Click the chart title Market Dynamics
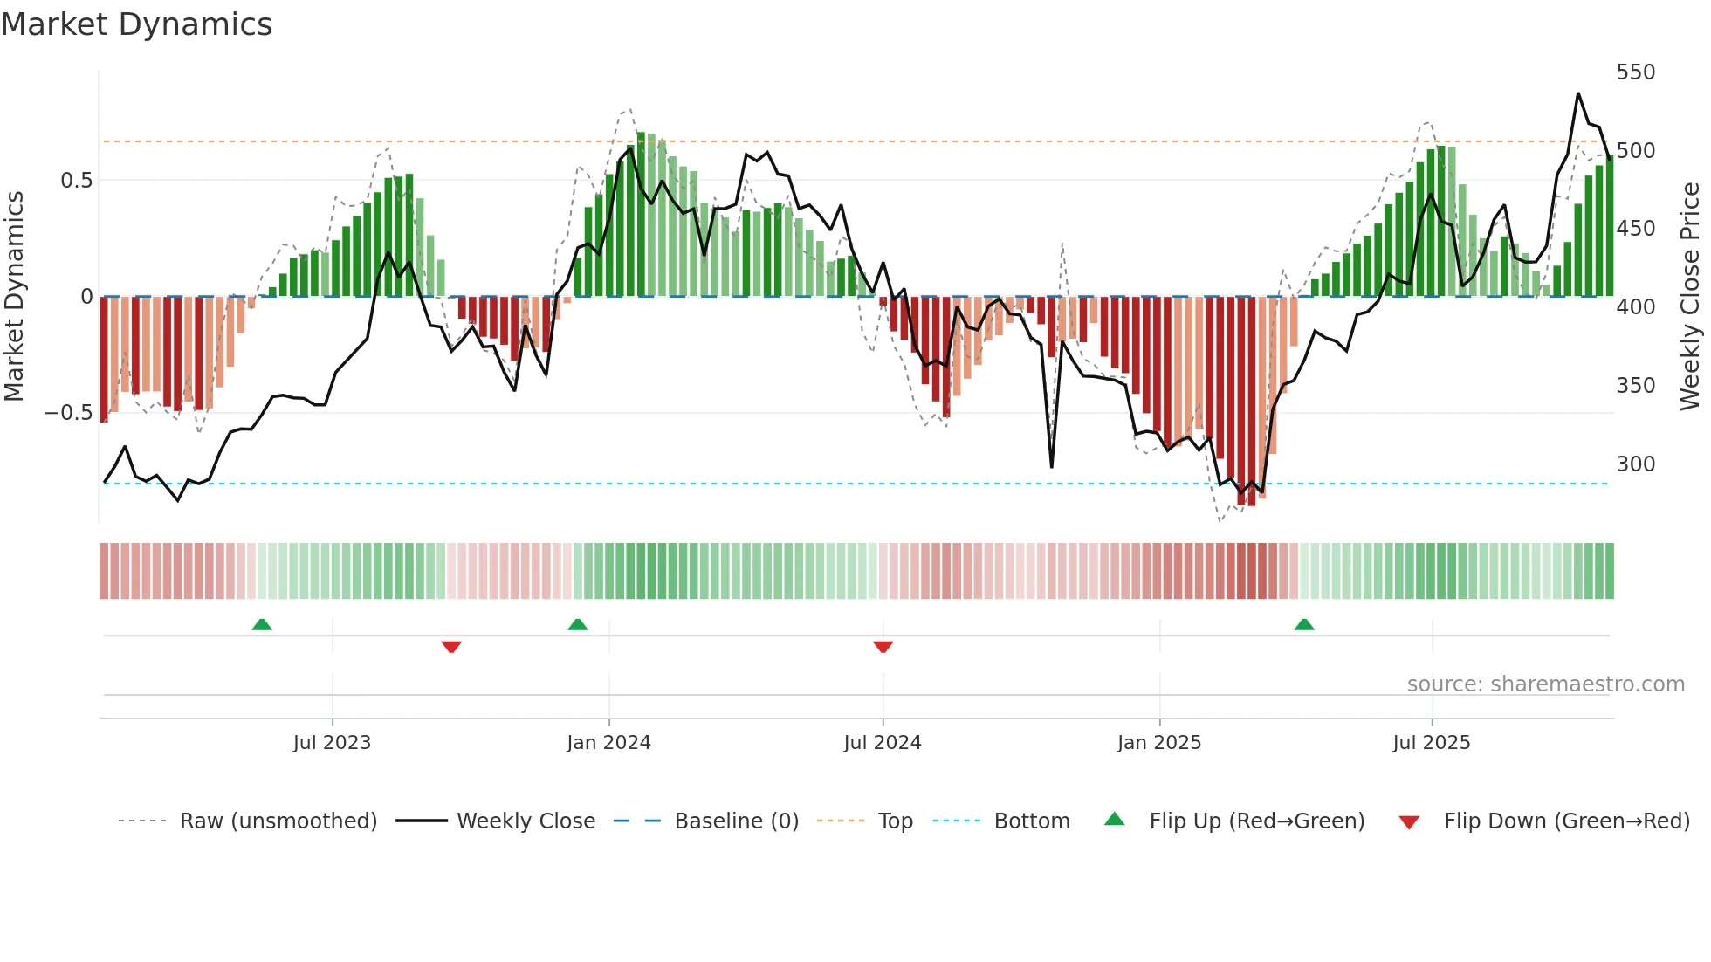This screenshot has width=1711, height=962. pyautogui.click(x=137, y=24)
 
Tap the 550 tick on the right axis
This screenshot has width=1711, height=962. pyautogui.click(x=1635, y=72)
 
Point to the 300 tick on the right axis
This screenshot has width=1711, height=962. pyautogui.click(x=1635, y=464)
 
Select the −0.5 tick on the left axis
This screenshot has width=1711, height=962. pyautogui.click(x=68, y=412)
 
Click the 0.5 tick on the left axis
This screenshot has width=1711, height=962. pyautogui.click(x=76, y=180)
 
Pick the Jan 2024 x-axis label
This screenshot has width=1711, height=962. pyautogui.click(x=608, y=742)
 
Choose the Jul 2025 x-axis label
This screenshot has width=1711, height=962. pyautogui.click(x=1431, y=742)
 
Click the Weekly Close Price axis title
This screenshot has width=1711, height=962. pyautogui.click(x=1690, y=296)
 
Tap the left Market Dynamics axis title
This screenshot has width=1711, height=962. pyautogui.click(x=14, y=296)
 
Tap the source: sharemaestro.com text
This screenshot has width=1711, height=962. pyautogui.click(x=1545, y=684)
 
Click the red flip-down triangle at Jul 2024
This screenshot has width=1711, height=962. pyautogui.click(x=883, y=647)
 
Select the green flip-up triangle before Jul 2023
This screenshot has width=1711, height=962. pyautogui.click(x=262, y=624)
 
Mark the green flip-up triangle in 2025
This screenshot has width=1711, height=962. pyautogui.click(x=1304, y=624)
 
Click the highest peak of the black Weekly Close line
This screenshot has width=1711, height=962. pyautogui.click(x=1578, y=93)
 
